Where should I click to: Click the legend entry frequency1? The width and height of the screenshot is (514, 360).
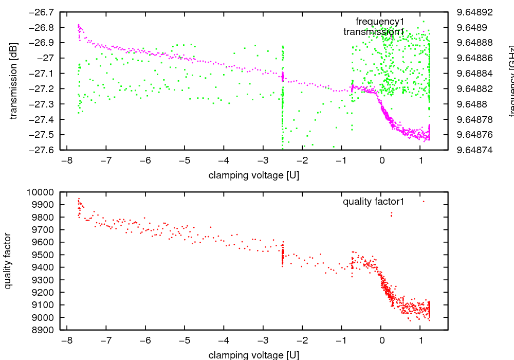pyautogui.click(x=380, y=21)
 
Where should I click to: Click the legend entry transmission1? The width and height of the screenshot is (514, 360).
pyautogui.click(x=374, y=32)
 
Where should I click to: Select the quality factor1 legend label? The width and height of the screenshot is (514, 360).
pyautogui.click(x=374, y=202)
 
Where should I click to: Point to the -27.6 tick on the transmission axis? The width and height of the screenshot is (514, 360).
pyautogui.click(x=44, y=150)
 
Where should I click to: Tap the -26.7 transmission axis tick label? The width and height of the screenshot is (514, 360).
pyautogui.click(x=44, y=12)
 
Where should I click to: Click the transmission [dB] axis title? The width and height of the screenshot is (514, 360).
pyautogui.click(x=14, y=81)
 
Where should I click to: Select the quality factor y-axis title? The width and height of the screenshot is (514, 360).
pyautogui.click(x=9, y=261)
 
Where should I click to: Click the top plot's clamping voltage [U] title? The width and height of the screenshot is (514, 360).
pyautogui.click(x=253, y=175)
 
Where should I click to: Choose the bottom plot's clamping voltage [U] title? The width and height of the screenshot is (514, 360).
pyautogui.click(x=253, y=355)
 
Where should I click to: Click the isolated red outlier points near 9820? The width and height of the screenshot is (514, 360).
pyautogui.click(x=391, y=214)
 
